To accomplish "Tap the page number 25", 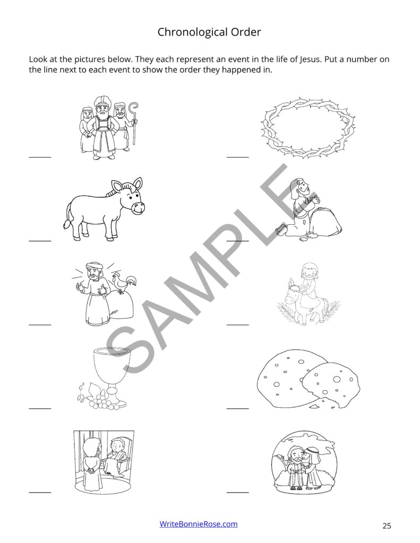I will [387, 526].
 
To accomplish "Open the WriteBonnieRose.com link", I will [199, 524].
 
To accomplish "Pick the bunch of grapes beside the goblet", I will [100, 403].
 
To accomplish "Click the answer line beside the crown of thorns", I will [237, 157].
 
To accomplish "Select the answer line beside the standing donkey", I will [40, 241].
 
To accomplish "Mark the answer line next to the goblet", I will [40, 408].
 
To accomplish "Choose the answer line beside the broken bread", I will [237, 408].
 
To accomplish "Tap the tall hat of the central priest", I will [101, 101].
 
